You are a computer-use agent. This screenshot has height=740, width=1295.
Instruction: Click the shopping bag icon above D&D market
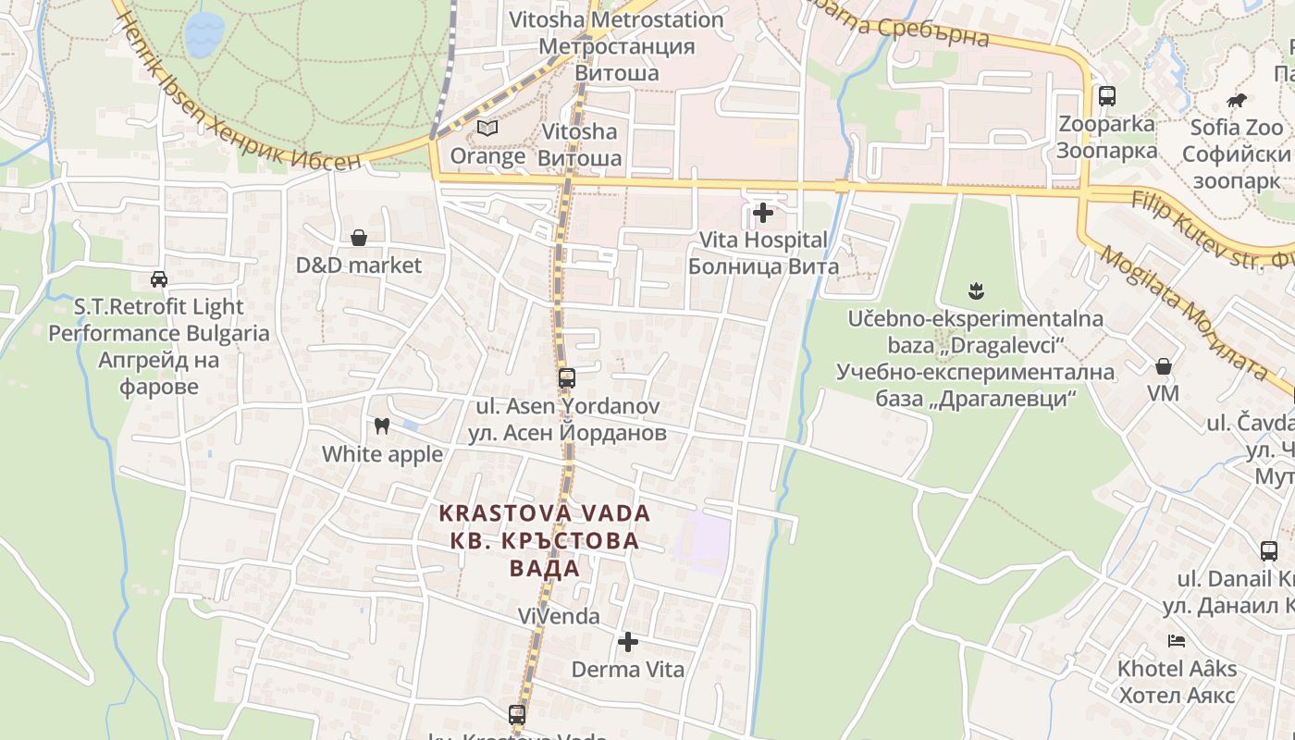coord(359,239)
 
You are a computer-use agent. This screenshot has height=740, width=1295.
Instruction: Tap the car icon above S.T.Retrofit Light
coord(159,278)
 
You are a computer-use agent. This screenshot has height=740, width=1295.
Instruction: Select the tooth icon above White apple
coord(380,426)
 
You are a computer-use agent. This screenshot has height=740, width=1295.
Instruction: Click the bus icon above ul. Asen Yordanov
coord(566,378)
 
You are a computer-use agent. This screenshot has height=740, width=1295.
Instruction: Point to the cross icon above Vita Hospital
coord(763,214)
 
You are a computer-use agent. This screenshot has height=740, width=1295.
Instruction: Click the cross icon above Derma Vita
coord(628,642)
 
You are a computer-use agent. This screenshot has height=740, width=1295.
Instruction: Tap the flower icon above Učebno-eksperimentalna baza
coord(975,292)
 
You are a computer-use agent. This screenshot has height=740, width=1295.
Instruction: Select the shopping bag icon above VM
coord(1164,367)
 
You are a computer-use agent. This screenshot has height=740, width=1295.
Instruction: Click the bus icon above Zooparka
coord(1106,96)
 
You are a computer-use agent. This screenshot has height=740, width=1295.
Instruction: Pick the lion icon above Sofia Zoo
coord(1237,100)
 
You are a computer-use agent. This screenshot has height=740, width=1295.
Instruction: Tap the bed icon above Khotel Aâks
coord(1177,640)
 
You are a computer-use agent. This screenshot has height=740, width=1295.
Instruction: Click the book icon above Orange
coord(487,129)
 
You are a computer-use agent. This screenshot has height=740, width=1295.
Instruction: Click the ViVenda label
coord(559,616)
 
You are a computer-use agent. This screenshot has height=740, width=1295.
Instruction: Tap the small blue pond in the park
coord(203,34)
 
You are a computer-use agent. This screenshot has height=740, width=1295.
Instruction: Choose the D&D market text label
coord(359,265)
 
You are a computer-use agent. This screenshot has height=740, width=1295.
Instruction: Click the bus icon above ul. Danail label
coord(1269,551)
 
